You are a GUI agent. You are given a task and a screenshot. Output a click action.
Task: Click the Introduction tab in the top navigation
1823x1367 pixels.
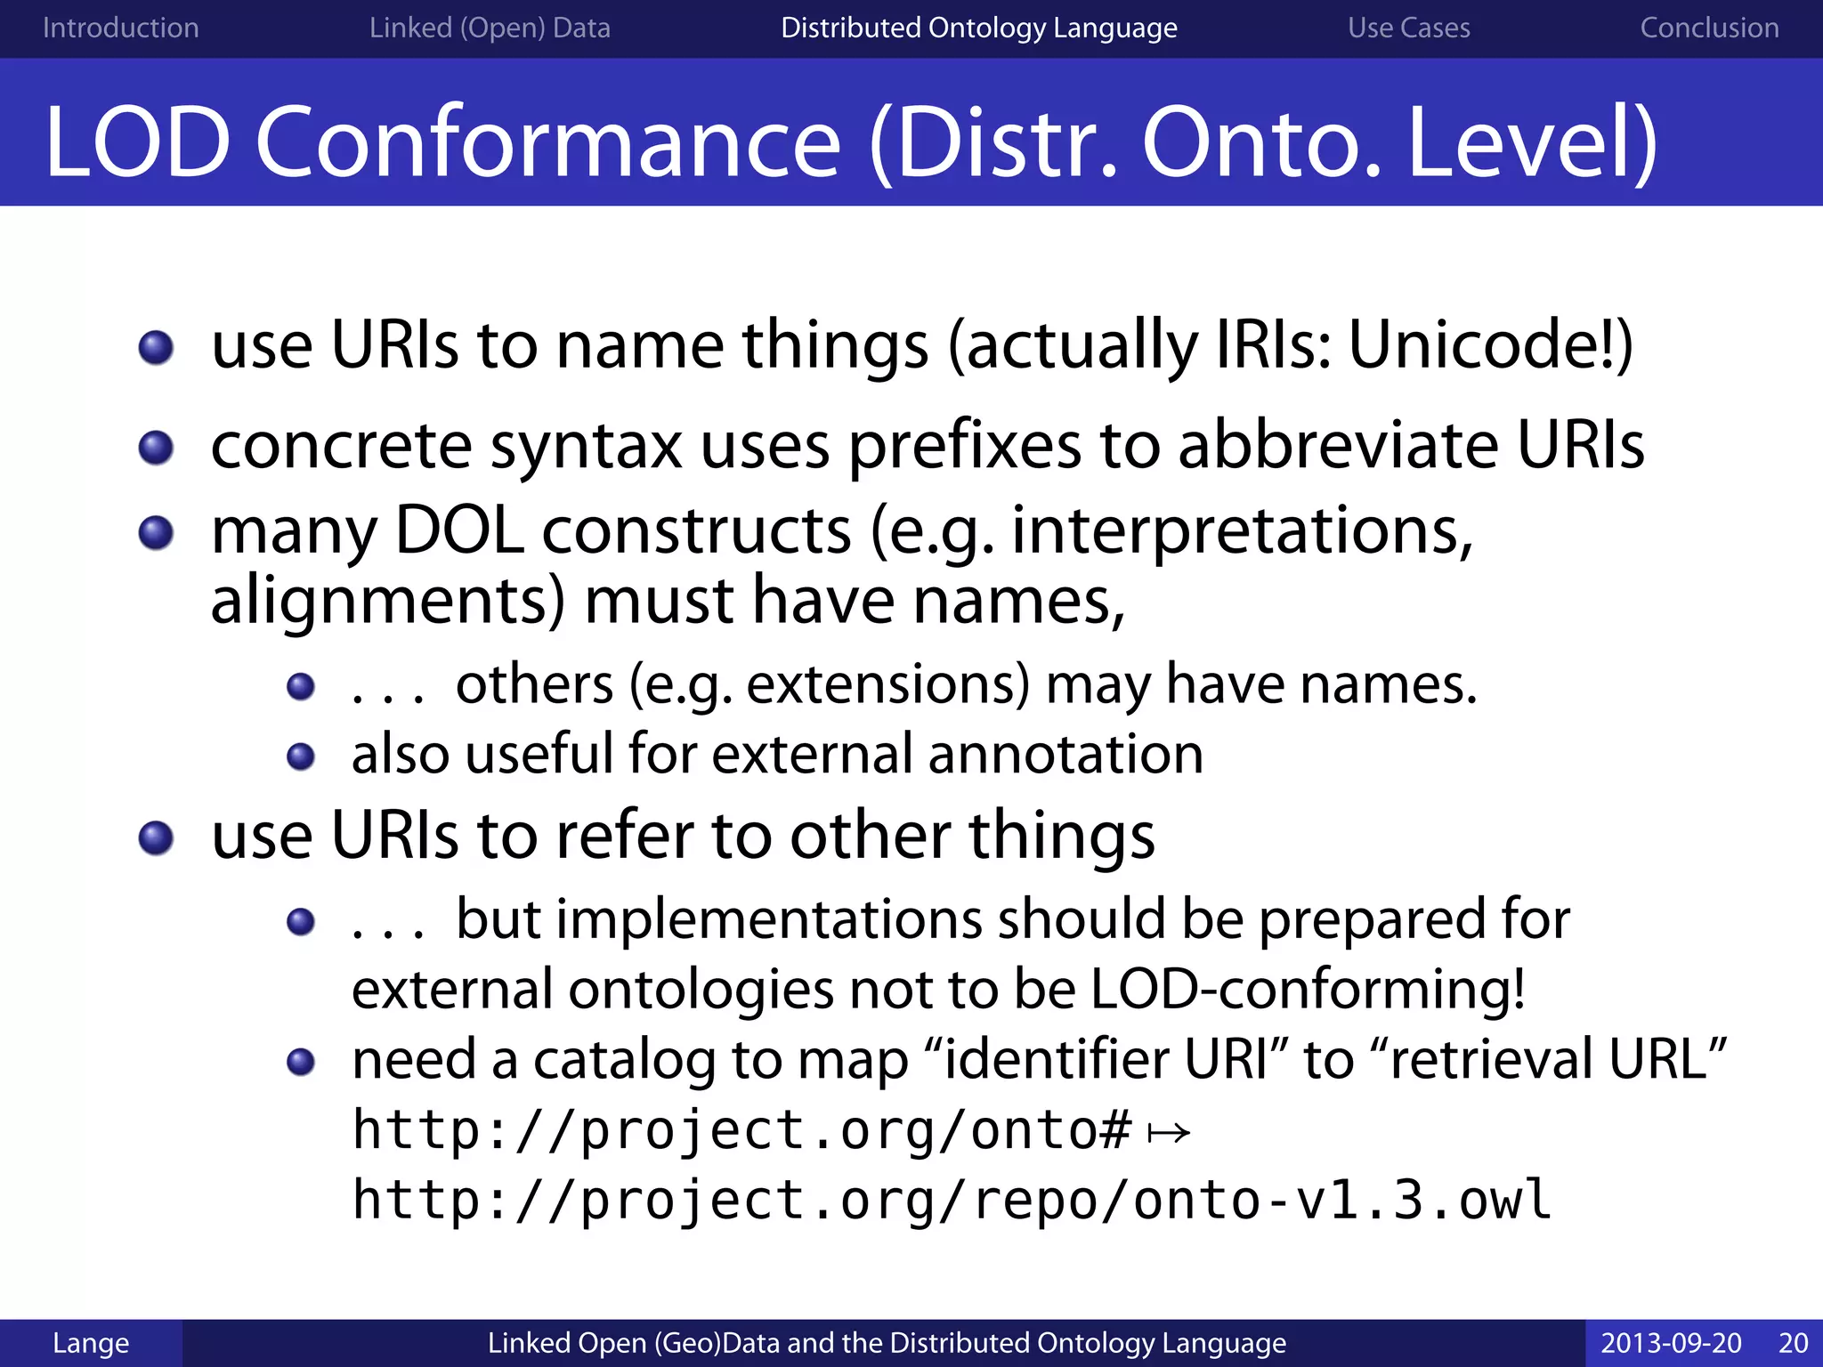(120, 28)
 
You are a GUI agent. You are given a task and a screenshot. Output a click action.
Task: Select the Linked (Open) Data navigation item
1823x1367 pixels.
(490, 28)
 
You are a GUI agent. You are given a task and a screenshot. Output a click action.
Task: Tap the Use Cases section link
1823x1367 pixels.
(1408, 28)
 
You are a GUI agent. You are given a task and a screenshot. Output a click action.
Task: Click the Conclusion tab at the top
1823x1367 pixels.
(1709, 28)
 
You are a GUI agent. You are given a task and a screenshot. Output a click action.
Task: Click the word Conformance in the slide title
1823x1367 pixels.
(547, 142)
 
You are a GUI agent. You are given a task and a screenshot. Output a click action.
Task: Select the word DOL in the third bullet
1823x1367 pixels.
(458, 531)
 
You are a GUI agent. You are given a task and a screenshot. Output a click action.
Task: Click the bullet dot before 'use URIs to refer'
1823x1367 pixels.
(157, 837)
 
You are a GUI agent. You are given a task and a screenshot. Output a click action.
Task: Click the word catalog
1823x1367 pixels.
(623, 1061)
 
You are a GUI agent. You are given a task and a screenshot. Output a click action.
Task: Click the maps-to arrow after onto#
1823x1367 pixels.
(1168, 1133)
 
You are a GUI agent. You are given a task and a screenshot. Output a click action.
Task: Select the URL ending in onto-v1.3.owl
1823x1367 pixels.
(951, 1201)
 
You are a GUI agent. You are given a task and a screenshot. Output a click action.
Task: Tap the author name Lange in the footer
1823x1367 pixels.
(91, 1343)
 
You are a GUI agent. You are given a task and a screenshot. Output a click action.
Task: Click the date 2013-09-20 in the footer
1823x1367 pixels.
(1671, 1343)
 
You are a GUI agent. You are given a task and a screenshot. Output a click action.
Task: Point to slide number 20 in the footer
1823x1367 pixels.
(1793, 1343)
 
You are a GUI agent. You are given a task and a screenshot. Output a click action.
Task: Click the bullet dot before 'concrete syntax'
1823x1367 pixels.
(157, 448)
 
